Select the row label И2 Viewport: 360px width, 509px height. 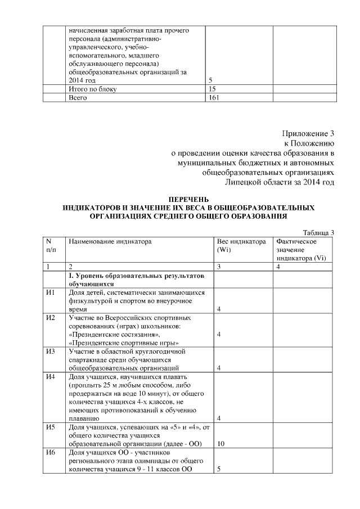point(51,318)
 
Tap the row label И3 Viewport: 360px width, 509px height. point(51,352)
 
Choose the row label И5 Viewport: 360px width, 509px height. point(51,427)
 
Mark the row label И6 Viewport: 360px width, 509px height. point(51,453)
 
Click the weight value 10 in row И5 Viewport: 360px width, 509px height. point(221,444)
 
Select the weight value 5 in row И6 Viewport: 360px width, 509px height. point(218,469)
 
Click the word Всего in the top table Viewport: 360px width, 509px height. point(79,97)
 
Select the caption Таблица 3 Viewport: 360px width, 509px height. point(318,233)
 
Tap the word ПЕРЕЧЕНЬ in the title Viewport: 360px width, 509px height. point(188,199)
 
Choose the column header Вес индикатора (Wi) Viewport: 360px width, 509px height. point(241,245)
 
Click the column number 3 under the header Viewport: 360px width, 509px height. point(218,267)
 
